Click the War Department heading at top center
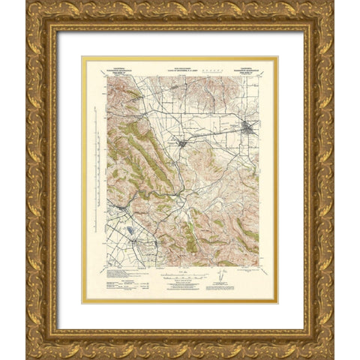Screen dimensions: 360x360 pos(180,66)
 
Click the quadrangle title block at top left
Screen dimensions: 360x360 pos(115,66)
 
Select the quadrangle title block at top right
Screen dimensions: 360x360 pos(244,66)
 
